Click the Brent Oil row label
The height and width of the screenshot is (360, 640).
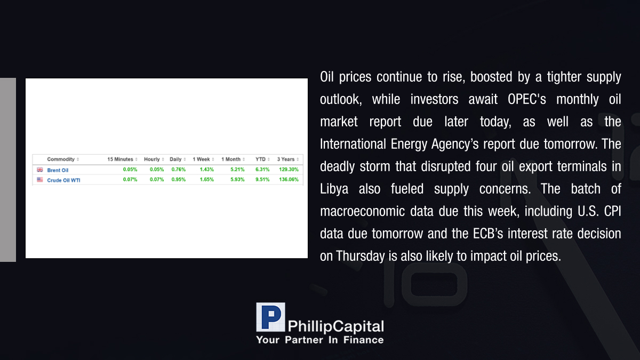pyautogui.click(x=58, y=170)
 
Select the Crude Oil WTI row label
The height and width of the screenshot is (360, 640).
pyautogui.click(x=63, y=180)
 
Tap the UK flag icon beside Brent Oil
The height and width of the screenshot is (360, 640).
pyautogui.click(x=39, y=170)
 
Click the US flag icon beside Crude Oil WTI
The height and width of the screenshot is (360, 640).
pyautogui.click(x=39, y=180)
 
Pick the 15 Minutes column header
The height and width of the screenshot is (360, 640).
pyautogui.click(x=121, y=159)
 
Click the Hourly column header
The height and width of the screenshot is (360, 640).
pyautogui.click(x=151, y=159)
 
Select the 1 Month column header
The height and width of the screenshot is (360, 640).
pyautogui.click(x=231, y=159)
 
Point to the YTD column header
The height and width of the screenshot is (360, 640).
pyautogui.click(x=260, y=159)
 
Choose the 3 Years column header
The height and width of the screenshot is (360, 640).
pyautogui.click(x=286, y=159)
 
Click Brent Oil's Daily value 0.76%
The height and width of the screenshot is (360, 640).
pyautogui.click(x=179, y=170)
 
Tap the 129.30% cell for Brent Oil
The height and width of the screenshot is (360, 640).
pyautogui.click(x=289, y=170)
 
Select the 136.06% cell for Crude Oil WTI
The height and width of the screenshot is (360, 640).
pyautogui.click(x=289, y=179)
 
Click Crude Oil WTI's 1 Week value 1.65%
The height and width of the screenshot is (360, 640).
pyautogui.click(x=207, y=179)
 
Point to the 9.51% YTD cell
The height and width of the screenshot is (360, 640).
pyautogui.click(x=262, y=179)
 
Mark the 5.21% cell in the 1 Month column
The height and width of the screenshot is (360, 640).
pyautogui.click(x=237, y=170)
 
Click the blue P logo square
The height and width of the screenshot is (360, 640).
pyautogui.click(x=270, y=317)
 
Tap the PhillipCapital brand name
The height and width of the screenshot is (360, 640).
pyautogui.click(x=335, y=326)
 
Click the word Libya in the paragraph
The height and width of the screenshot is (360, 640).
pyautogui.click(x=334, y=189)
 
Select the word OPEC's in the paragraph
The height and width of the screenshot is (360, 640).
pyautogui.click(x=526, y=99)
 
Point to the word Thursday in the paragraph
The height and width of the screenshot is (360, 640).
pyautogui.click(x=361, y=256)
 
